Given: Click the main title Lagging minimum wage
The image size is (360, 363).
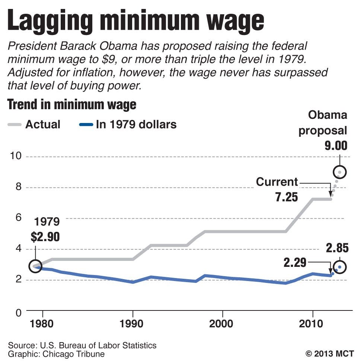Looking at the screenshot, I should (x=136, y=21).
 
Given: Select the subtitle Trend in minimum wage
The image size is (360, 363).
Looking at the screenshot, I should (x=72, y=105).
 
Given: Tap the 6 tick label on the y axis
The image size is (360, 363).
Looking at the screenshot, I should (x=17, y=218).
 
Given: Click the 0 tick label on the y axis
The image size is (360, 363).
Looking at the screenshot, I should (x=17, y=312).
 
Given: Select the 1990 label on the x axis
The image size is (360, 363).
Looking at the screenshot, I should (x=132, y=323).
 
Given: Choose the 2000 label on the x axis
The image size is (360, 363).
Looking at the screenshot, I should (x=222, y=323).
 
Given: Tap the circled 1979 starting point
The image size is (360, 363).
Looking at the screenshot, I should (x=35, y=266).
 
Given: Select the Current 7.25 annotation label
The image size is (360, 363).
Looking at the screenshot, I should (x=277, y=189).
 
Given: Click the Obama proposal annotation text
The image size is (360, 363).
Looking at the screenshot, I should (x=323, y=123).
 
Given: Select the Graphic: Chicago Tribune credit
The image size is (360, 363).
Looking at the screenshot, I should (x=56, y=354).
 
